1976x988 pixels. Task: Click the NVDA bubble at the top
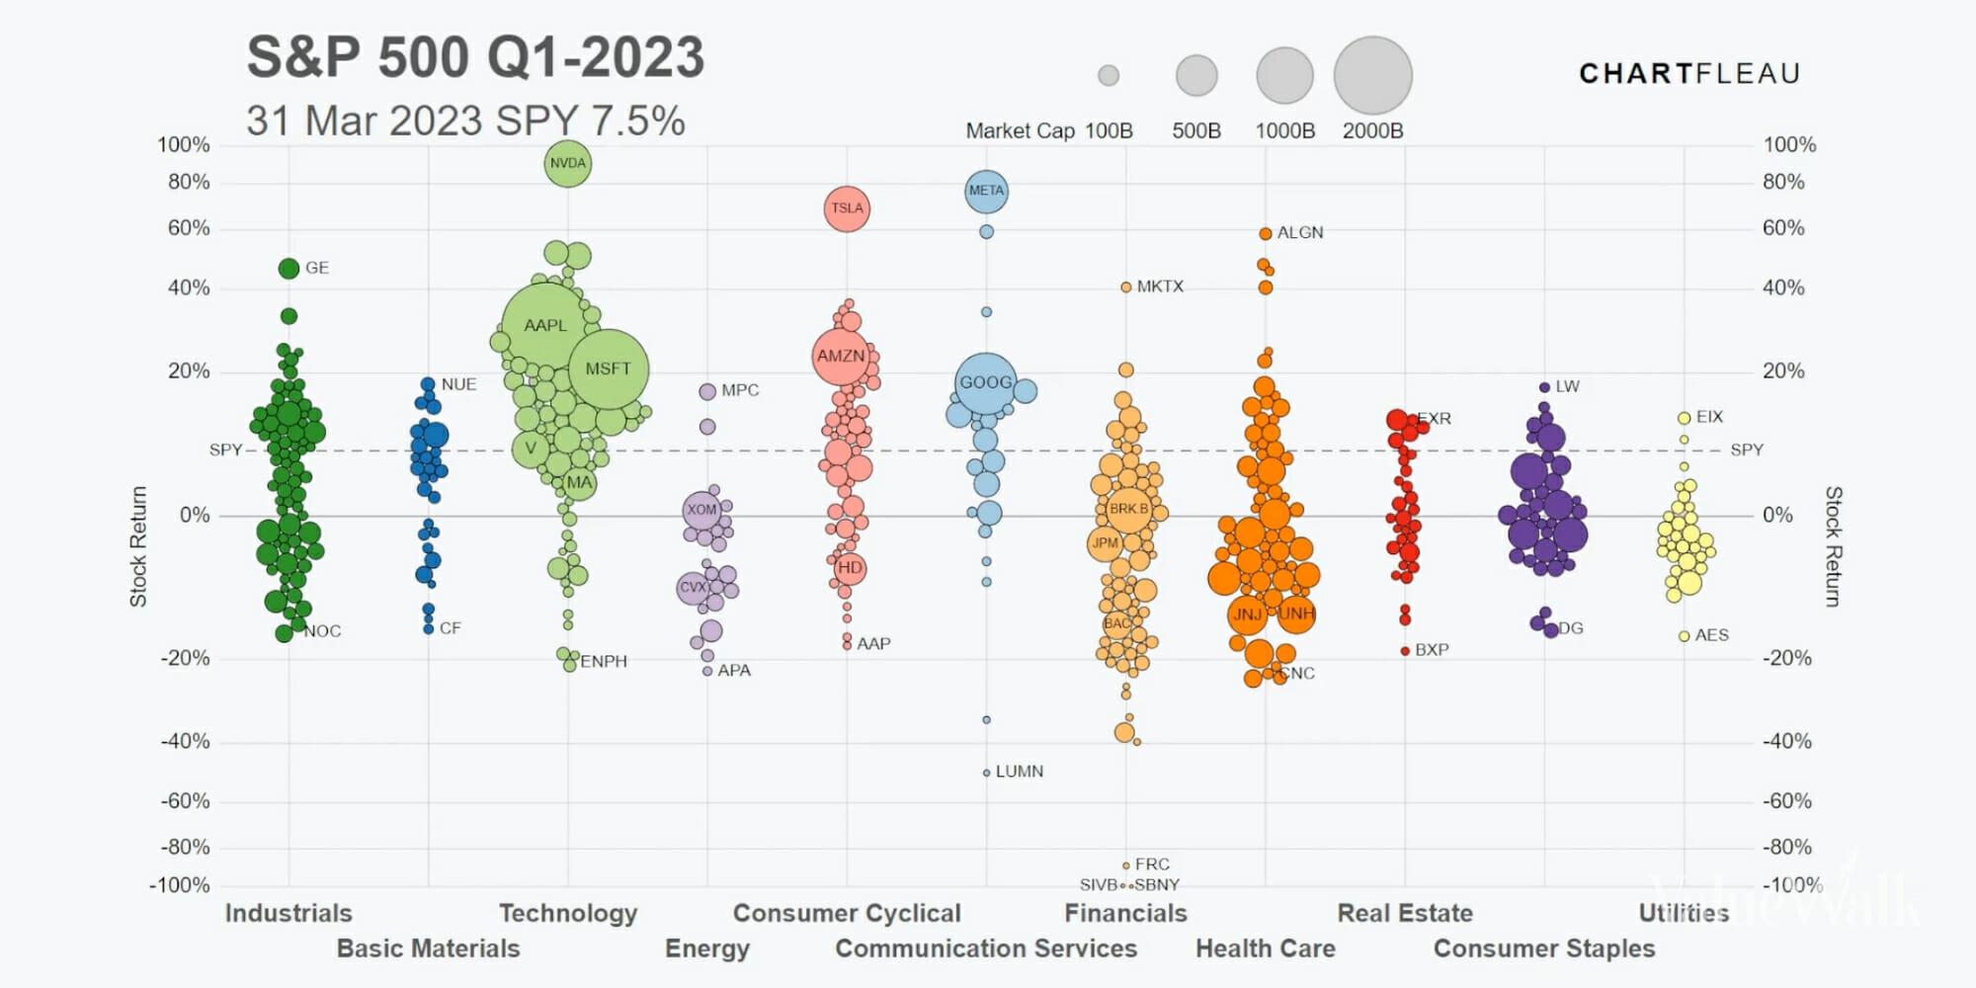coord(568,164)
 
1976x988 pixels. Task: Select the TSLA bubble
coord(847,208)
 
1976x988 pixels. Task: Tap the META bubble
coord(986,191)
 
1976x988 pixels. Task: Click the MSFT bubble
coord(608,369)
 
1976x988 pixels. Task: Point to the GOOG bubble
coord(986,382)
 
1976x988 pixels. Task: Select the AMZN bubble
coord(841,356)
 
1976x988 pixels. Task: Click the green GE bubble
coord(288,268)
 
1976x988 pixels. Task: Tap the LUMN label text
coord(1019,772)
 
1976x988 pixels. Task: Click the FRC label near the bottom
coord(1152,864)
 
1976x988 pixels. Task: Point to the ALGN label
coord(1299,233)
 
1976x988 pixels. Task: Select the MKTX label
coord(1160,287)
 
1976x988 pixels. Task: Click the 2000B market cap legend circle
coord(1372,75)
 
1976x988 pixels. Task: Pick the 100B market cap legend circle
coord(1109,75)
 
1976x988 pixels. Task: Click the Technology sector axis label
coord(568,913)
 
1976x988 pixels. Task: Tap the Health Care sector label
coord(1265,948)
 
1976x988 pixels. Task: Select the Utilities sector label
coord(1684,913)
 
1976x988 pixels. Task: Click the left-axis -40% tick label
coord(186,741)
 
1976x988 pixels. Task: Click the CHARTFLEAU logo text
coord(1689,74)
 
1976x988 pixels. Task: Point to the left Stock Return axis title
coord(138,545)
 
